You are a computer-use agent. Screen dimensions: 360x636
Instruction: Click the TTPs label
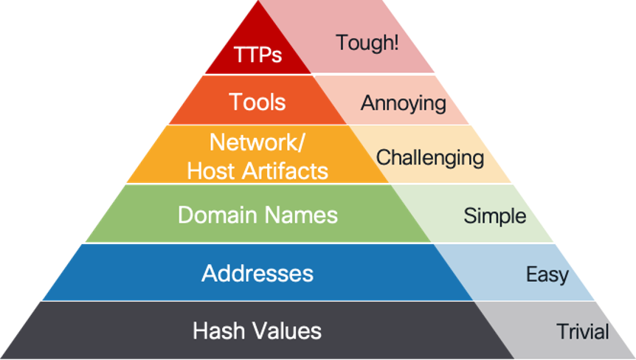[x=257, y=55]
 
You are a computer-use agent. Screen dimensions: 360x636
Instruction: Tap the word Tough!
[x=367, y=42]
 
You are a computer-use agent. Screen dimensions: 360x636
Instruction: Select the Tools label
[x=257, y=102]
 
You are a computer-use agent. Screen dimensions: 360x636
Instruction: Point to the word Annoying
[x=403, y=103]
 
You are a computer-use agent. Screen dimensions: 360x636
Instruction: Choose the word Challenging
[x=430, y=157]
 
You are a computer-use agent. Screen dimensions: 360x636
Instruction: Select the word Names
[x=301, y=215]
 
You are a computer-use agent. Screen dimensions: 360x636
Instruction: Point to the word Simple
[x=494, y=216]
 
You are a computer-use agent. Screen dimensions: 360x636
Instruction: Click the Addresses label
[x=257, y=274]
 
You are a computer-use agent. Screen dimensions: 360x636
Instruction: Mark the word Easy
[x=547, y=275]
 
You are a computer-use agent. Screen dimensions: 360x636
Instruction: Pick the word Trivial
[x=583, y=332]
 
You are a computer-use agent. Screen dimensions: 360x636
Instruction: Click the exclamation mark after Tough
[x=396, y=42]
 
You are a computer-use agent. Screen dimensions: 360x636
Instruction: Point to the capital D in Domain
[x=185, y=215]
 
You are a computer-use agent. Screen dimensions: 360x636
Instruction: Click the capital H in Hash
[x=199, y=330]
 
